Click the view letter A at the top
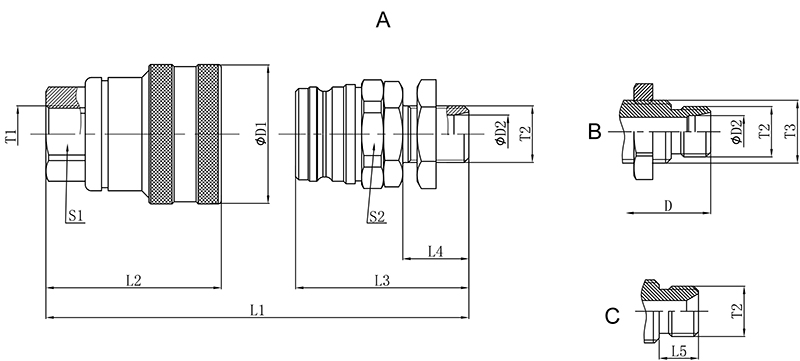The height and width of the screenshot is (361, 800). (x=383, y=20)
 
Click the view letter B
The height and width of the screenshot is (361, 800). (x=594, y=131)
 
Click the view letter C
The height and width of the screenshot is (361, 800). (x=612, y=316)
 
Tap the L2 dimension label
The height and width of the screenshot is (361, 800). (x=133, y=280)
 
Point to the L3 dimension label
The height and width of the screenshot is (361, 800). (x=383, y=280)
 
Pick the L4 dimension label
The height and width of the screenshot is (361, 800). (x=435, y=251)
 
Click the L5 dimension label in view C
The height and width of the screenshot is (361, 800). (x=678, y=351)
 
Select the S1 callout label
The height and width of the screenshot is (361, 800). (x=76, y=216)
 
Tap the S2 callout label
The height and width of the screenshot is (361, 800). (x=377, y=217)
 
